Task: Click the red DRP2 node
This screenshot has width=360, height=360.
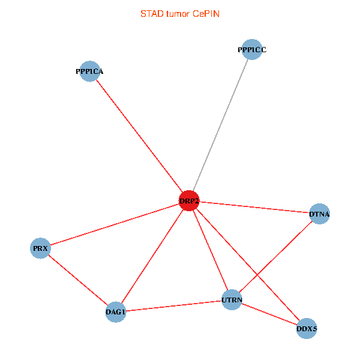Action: click(x=189, y=201)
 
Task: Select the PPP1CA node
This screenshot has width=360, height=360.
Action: click(x=89, y=71)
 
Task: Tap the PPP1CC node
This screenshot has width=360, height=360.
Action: click(x=251, y=50)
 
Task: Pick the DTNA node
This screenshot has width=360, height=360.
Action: click(x=319, y=214)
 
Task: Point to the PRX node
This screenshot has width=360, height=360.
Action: click(x=40, y=248)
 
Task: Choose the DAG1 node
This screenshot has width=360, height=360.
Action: click(x=115, y=312)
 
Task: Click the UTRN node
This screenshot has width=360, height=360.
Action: click(x=232, y=299)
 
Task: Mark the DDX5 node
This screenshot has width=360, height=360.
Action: click(x=306, y=328)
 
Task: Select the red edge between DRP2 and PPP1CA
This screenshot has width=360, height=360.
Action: click(x=139, y=136)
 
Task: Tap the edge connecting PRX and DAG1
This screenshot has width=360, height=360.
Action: click(x=78, y=280)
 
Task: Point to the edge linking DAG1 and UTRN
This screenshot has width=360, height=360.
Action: click(x=173, y=305)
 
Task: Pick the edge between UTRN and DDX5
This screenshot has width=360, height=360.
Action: click(x=269, y=314)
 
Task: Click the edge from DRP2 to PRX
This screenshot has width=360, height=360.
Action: click(x=114, y=224)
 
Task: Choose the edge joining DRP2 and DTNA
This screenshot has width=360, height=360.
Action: click(x=254, y=207)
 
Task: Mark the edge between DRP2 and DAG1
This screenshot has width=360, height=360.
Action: click(x=152, y=257)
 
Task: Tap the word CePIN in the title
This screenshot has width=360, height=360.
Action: click(x=206, y=14)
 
